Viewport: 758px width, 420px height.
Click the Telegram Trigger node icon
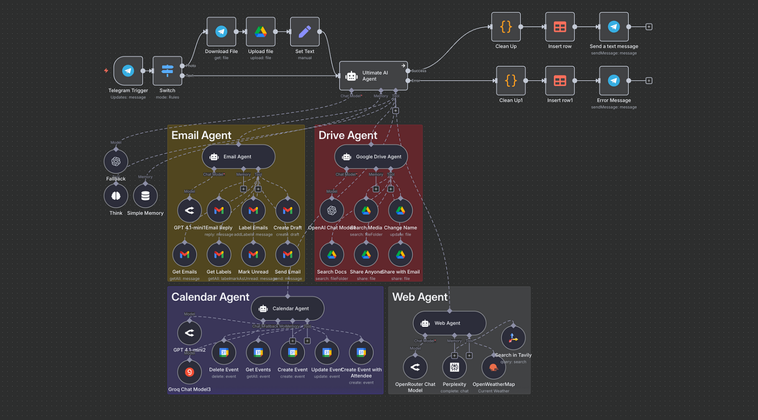(128, 71)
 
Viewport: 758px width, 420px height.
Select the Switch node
(167, 71)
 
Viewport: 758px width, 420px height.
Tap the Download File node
(221, 32)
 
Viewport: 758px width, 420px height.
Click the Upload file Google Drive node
(260, 32)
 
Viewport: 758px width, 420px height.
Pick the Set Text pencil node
(305, 32)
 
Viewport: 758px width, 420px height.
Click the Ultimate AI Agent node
(373, 76)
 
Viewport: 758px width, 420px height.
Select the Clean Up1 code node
(510, 80)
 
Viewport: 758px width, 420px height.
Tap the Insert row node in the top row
(560, 27)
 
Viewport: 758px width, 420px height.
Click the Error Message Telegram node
(614, 80)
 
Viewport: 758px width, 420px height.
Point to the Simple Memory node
(145, 196)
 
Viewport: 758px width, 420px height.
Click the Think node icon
(116, 196)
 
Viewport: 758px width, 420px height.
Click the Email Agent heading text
(201, 135)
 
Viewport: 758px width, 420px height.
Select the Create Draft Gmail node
(288, 210)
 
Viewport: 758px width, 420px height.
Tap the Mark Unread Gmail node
(253, 255)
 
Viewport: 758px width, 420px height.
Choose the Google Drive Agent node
(371, 157)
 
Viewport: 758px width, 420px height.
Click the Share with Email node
(400, 255)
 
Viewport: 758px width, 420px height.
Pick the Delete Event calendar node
(224, 352)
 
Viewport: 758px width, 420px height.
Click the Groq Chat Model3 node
(189, 372)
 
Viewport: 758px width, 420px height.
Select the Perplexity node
(454, 367)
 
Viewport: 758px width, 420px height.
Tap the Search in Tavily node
(513, 338)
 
